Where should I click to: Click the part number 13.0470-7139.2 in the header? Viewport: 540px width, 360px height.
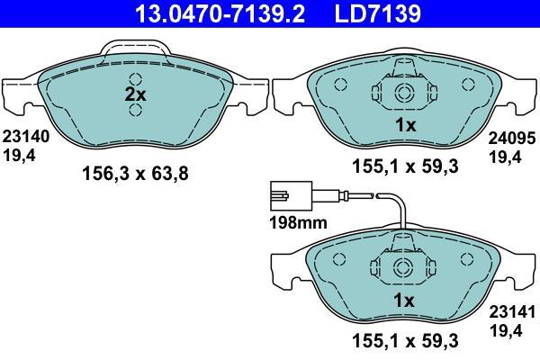coord(220,13)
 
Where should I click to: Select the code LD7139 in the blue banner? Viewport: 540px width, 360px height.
coord(377,13)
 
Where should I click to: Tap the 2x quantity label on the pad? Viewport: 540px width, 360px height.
coord(135,94)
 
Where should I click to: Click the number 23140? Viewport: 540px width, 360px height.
coord(26,137)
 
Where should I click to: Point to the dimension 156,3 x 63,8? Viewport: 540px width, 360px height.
coord(135,174)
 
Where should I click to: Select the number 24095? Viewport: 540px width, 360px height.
coord(512,138)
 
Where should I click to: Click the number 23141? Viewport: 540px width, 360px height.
coord(512,312)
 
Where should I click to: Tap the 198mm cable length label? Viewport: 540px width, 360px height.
coord(298,223)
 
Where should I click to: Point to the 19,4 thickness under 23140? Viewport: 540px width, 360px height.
coord(19,156)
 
